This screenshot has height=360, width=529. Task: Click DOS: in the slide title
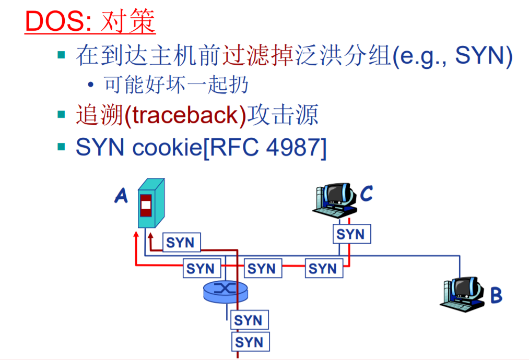point(58,22)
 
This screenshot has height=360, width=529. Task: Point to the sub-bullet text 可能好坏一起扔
point(176,85)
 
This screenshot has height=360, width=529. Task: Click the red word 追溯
point(99,115)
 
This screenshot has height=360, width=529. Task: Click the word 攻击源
point(283,115)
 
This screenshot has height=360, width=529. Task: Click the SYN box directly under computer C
point(351,234)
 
